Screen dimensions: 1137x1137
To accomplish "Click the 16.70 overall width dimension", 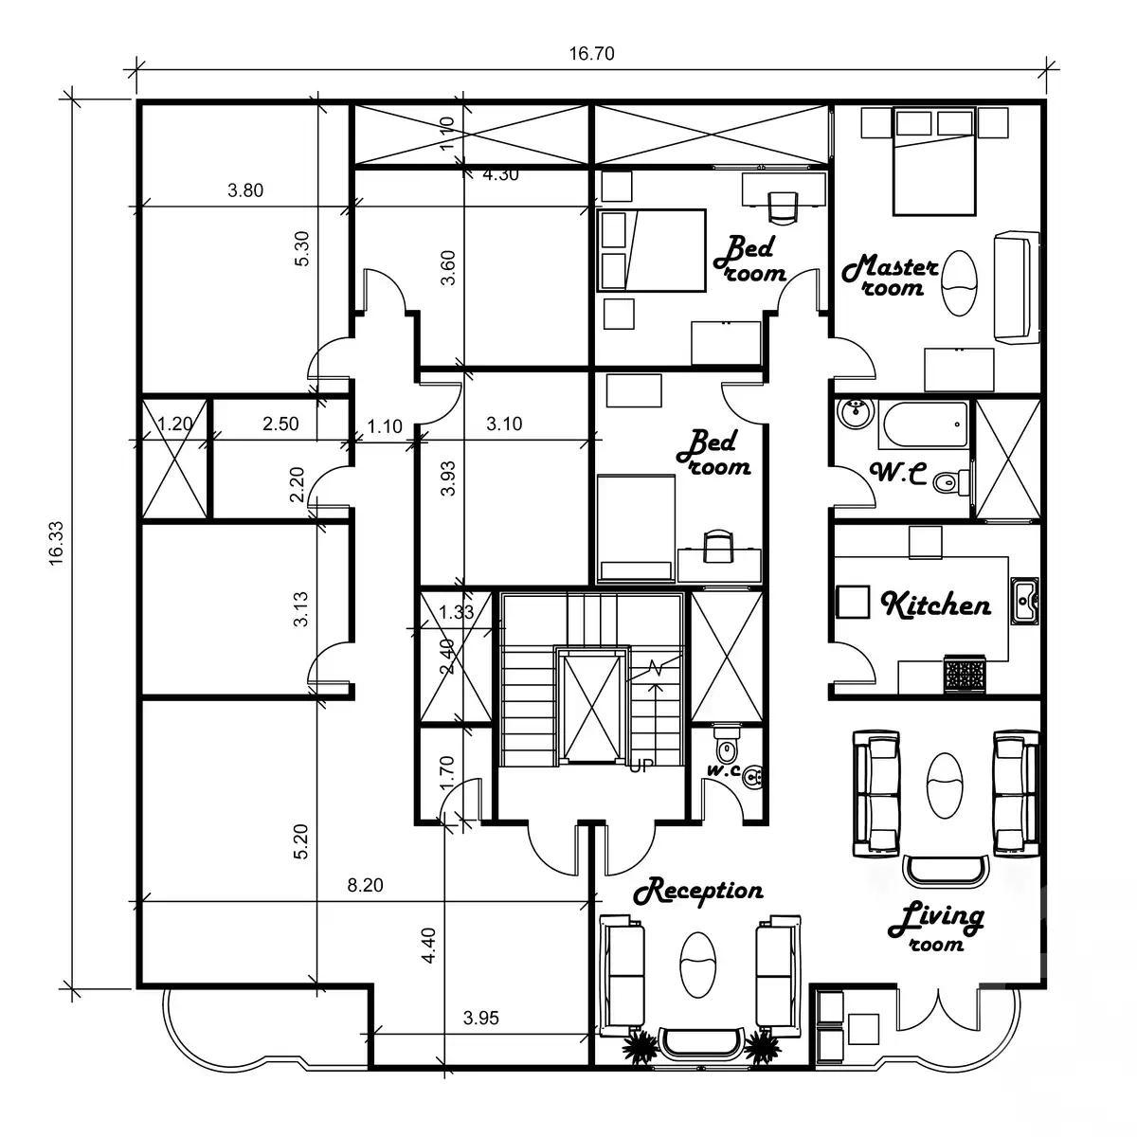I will tap(591, 54).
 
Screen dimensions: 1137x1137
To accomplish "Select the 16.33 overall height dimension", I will tap(57, 544).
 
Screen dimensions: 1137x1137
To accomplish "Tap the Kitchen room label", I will tap(936, 605).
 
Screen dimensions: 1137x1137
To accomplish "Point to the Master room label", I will tap(891, 275).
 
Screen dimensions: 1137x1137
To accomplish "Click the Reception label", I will tap(698, 892).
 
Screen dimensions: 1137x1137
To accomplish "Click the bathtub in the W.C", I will tap(923, 425).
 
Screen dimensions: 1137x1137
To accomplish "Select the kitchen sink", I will tap(1024, 601).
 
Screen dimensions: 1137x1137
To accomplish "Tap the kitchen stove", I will tap(965, 675).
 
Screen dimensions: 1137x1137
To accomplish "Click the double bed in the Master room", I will tap(934, 162).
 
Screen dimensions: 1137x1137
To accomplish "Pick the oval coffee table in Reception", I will tap(699, 965).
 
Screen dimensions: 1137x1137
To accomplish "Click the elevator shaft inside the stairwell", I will tap(590, 706).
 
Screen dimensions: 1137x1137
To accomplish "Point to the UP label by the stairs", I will tap(641, 767).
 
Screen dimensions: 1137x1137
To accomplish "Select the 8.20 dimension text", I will tap(365, 886).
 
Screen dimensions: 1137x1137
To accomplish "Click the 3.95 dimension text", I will tap(480, 1019).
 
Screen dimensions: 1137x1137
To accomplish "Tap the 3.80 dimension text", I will tap(245, 190).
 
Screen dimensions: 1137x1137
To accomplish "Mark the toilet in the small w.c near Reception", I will tap(726, 746).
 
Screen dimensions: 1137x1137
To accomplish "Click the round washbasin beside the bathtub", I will tap(856, 412).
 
